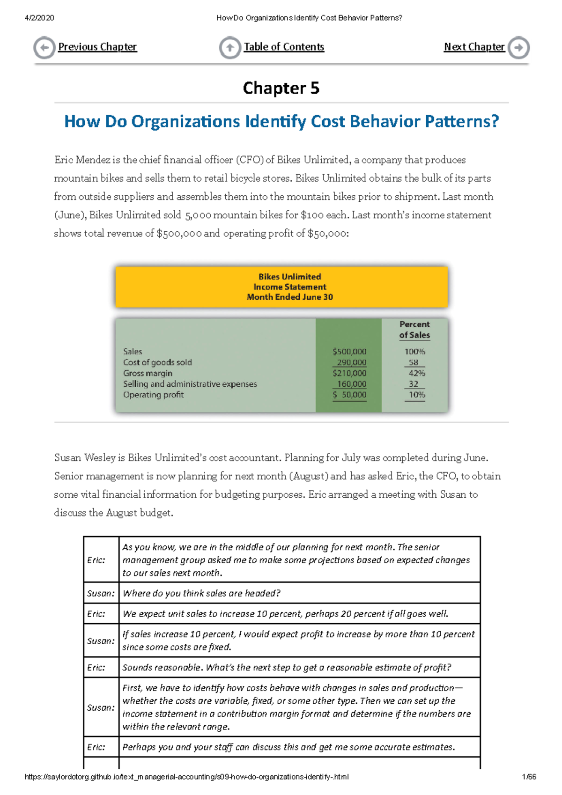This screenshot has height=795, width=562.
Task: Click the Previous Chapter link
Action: [97, 47]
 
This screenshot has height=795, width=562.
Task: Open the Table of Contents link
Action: [284, 47]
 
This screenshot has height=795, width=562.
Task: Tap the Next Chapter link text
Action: [474, 47]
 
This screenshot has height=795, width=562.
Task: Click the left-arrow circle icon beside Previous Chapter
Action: [44, 48]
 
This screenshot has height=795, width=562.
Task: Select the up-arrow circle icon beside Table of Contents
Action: [230, 48]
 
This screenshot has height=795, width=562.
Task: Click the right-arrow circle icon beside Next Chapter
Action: [519, 48]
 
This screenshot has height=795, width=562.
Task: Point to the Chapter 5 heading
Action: [281, 88]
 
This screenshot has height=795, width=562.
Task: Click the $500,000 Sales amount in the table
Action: [349, 352]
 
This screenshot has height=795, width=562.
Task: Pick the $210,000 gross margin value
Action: [349, 373]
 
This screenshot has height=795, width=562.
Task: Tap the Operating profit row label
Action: [153, 395]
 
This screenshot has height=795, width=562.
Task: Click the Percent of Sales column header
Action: [414, 330]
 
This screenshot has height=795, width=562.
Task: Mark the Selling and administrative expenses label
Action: [190, 384]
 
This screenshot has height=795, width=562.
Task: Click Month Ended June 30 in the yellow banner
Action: [289, 297]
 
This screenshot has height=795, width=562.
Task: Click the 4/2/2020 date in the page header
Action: [39, 18]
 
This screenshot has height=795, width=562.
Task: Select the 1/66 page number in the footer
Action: [529, 777]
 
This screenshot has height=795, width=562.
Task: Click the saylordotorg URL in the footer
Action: [186, 777]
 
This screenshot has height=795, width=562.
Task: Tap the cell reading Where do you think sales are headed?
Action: [201, 593]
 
